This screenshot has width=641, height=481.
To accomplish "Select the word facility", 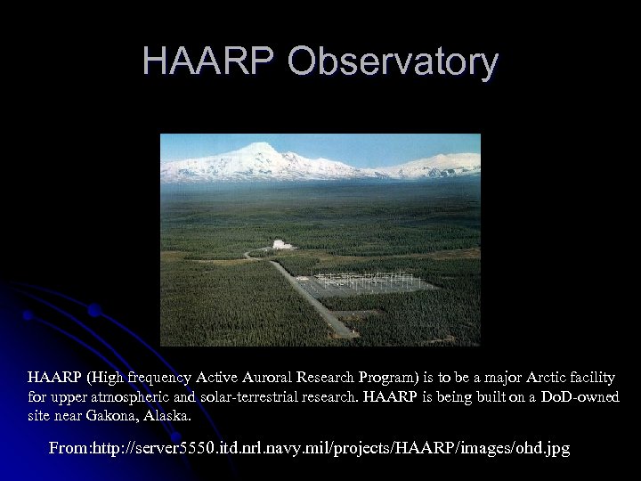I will pos(587,377).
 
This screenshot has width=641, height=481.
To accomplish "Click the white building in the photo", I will pos(282,244).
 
